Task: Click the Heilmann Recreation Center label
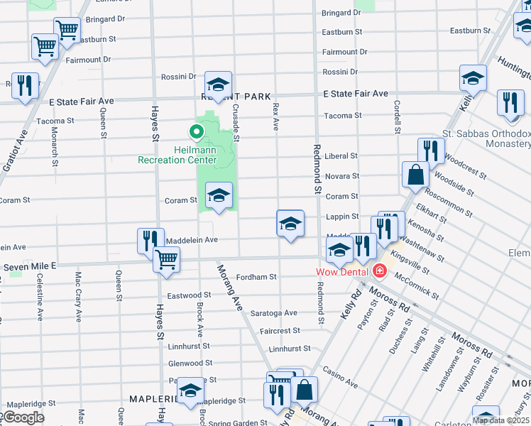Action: [x=177, y=155]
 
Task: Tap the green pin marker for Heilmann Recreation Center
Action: [x=194, y=131]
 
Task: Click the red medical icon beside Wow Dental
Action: [x=380, y=271]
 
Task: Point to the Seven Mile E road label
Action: [x=30, y=266]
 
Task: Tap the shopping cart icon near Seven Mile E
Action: [x=166, y=260]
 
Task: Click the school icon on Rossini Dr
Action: [x=219, y=84]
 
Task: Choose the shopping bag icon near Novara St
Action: [x=415, y=174]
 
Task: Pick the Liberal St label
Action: [x=341, y=155]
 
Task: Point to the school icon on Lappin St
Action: [x=290, y=224]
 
